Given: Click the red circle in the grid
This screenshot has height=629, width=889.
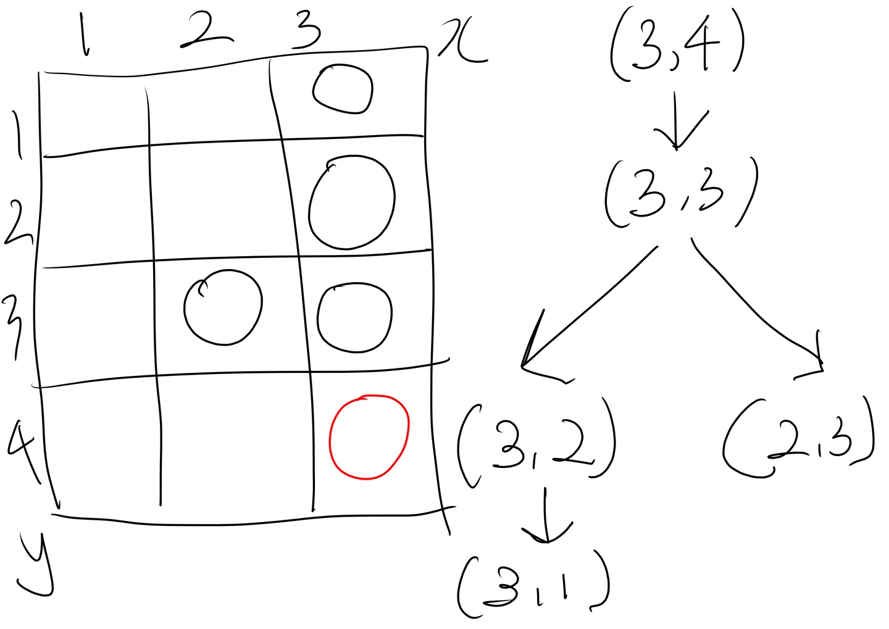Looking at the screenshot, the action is pyautogui.click(x=369, y=437).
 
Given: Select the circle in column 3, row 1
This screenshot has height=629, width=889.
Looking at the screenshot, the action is pyautogui.click(x=343, y=90).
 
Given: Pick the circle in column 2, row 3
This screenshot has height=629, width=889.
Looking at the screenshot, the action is pyautogui.click(x=223, y=307).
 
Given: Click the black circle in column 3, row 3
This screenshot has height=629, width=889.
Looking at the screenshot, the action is pyautogui.click(x=354, y=317).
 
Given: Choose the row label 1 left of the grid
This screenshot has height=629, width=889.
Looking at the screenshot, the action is pyautogui.click(x=18, y=134).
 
